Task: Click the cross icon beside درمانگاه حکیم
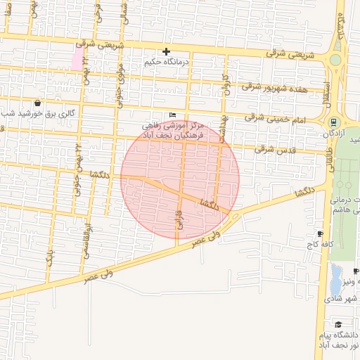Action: (x=166, y=51)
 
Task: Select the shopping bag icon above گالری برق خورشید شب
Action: (x=47, y=103)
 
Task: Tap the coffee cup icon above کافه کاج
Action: (x=320, y=233)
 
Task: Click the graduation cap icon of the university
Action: (x=338, y=324)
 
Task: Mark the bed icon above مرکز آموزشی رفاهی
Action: (x=173, y=115)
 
